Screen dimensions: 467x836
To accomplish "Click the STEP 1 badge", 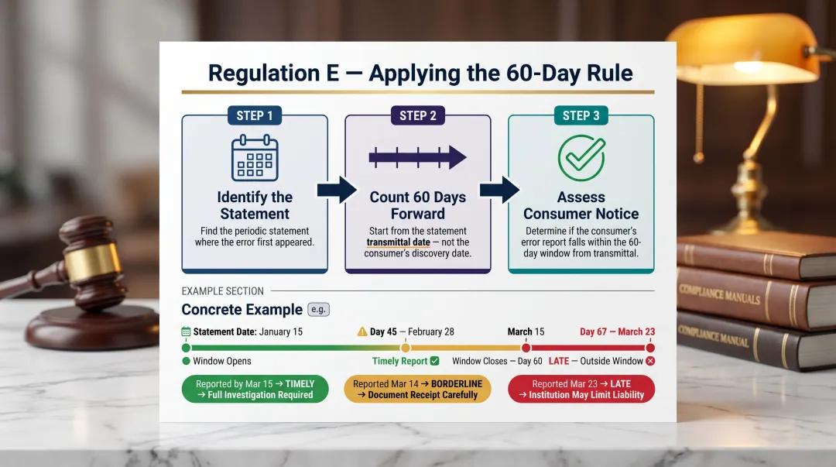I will [255, 115].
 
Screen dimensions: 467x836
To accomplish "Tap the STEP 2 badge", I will [418, 115].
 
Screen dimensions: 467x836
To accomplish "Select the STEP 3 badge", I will [581, 115].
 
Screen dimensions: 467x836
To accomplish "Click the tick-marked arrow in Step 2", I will [417, 158].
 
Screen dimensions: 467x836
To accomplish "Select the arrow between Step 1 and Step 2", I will [337, 190].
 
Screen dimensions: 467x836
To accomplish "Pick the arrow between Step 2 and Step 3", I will [499, 190].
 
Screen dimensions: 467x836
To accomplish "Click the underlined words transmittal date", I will [398, 242].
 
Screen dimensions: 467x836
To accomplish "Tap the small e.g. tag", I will [318, 309].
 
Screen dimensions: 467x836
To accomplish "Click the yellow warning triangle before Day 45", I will [361, 331].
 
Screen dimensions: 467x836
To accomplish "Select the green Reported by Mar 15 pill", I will [255, 389].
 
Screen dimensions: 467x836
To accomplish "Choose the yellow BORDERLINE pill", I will [417, 389].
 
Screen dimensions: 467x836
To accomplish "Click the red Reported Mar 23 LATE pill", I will [581, 389].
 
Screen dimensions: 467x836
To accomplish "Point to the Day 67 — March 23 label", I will [617, 331].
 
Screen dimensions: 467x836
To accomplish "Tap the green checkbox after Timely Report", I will [434, 361].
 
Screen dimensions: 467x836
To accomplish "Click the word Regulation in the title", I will [253, 74].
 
